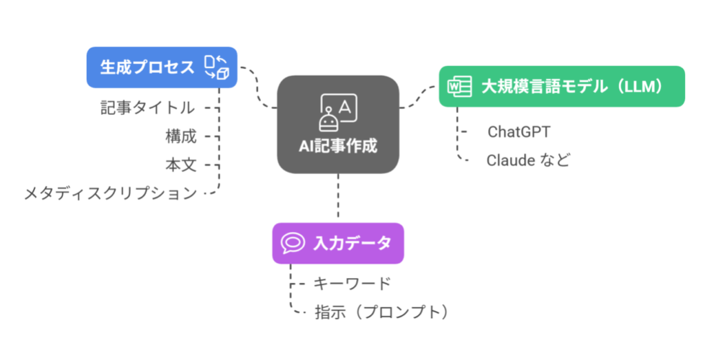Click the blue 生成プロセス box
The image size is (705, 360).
(161, 67)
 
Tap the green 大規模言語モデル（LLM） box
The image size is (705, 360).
(561, 87)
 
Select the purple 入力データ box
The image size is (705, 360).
(337, 243)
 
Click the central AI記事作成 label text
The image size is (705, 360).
(337, 146)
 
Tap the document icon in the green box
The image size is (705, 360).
(455, 87)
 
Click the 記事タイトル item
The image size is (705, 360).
(147, 107)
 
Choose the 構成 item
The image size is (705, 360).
(180, 136)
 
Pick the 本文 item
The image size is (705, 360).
(180, 165)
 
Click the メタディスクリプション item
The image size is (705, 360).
(110, 193)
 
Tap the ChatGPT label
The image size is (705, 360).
(518, 131)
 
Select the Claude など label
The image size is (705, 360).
(528, 160)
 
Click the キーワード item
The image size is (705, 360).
(352, 283)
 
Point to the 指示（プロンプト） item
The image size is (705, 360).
(381, 312)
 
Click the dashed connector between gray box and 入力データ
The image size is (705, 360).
(338, 198)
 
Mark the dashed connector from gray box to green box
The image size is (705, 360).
(419, 100)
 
